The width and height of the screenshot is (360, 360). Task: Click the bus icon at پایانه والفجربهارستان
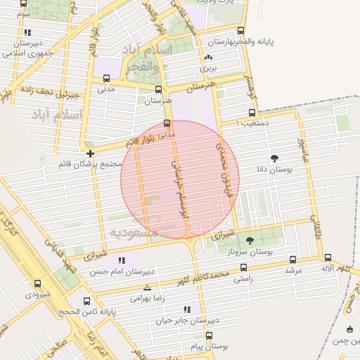pos(241,30)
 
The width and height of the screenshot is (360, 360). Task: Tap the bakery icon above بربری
pos(207,58)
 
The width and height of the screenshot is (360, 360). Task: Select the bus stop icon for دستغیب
pos(252,112)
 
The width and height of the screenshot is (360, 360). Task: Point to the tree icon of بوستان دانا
pos(274,159)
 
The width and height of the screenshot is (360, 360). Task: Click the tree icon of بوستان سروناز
pos(250,240)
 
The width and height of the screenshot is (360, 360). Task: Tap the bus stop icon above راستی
pos(243,267)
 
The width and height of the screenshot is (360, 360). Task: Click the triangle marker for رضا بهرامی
pos(147,288)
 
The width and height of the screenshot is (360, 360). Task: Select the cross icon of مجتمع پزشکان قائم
pos(90,153)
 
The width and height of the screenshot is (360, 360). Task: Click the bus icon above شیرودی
pos(37,284)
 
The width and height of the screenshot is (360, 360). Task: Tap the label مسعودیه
pos(128,231)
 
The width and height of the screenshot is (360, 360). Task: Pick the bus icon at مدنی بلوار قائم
pos(167,123)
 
